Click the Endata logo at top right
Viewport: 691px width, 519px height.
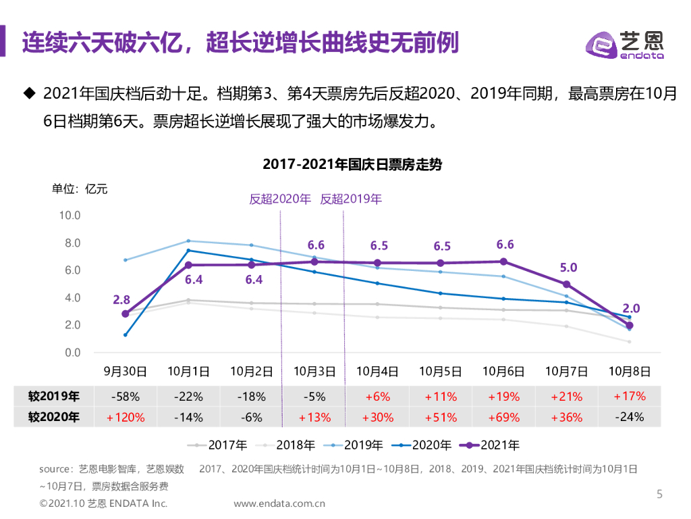(x=624, y=45)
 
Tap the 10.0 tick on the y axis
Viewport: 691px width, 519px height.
(x=70, y=216)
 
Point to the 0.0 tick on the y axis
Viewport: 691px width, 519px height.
(x=72, y=353)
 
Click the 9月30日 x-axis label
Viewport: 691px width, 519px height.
(x=125, y=371)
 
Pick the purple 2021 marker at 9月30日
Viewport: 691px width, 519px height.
(x=125, y=314)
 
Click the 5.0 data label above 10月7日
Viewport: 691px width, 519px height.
(x=568, y=268)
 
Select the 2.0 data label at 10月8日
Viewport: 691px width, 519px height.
(x=631, y=308)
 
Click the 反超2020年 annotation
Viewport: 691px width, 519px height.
(x=280, y=199)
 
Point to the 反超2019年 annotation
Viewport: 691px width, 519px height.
(x=351, y=199)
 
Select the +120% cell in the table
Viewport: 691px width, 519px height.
(x=126, y=417)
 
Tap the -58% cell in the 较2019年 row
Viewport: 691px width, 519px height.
(x=126, y=397)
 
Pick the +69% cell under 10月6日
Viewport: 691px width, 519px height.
(x=503, y=417)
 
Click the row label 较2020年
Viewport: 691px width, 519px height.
(x=54, y=417)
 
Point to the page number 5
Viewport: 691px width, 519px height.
(x=659, y=494)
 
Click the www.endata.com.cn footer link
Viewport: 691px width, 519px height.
(x=279, y=503)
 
